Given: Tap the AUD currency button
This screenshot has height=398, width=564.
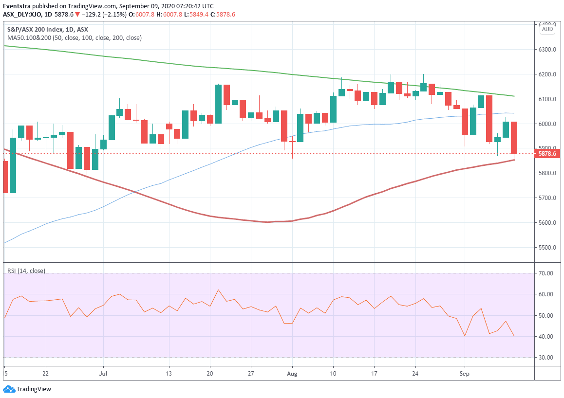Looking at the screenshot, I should [547, 29].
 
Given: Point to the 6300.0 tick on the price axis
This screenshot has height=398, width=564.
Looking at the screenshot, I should [547, 50].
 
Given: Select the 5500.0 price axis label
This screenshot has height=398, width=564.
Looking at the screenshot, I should [547, 248].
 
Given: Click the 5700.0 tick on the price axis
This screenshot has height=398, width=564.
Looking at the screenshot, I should [547, 198].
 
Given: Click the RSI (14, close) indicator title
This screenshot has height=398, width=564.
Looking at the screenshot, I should [26, 271].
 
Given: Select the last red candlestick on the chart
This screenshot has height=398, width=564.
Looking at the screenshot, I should [514, 138].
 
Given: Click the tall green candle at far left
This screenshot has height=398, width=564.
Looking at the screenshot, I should [13, 165].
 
